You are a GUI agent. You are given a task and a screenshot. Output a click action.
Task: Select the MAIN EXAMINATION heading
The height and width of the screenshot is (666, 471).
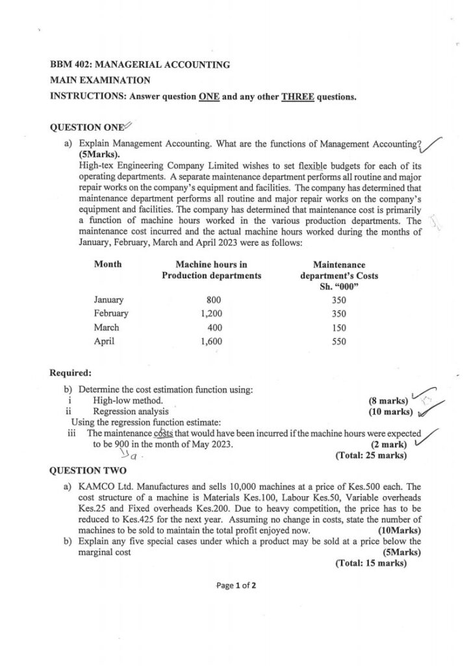coord(100,81)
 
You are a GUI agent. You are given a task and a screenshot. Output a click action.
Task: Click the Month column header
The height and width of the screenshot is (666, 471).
coord(107,265)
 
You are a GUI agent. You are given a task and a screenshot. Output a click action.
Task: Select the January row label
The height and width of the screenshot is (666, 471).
coord(108,300)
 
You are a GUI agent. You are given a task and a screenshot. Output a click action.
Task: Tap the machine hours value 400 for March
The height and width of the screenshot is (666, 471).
coord(214,328)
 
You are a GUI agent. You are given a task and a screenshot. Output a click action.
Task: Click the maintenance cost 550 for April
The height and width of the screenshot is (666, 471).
coord(338,341)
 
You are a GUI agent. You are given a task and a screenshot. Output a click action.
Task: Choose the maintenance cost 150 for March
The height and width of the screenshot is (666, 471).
coord(338,328)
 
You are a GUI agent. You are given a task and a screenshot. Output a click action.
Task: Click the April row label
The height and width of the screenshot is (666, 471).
coord(104,341)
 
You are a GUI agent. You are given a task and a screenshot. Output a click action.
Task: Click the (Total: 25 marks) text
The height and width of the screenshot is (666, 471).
coord(371,455)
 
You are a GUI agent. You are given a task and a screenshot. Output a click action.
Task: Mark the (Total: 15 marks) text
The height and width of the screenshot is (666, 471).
coord(371,563)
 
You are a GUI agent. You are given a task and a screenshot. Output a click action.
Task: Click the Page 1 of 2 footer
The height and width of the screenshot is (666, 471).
coord(236,585)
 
